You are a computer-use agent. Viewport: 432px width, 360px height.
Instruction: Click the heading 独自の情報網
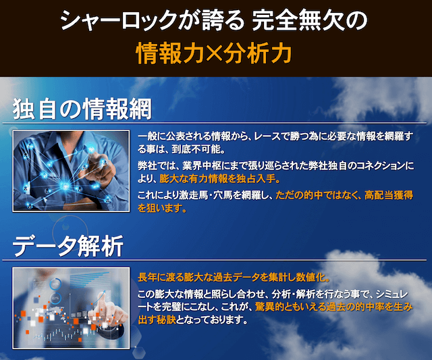point(82,109)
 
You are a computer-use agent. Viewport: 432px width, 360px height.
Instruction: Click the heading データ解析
point(67,246)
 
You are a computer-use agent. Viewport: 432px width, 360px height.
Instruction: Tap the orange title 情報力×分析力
point(214,53)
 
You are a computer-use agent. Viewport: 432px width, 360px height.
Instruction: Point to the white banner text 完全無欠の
point(310,20)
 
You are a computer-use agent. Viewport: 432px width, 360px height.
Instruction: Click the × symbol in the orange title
point(214,53)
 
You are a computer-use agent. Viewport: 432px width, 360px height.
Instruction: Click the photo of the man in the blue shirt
point(71,171)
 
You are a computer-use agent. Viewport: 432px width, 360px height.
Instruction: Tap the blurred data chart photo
point(71,308)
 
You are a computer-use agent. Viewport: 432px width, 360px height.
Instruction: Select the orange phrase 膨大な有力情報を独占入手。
point(220,179)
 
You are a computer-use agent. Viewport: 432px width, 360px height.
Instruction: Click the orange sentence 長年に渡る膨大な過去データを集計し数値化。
point(234,278)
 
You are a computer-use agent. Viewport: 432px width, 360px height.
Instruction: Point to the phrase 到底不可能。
point(198,149)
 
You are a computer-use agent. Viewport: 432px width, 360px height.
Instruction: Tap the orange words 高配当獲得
point(389,195)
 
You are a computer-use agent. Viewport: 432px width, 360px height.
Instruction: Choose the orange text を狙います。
point(162,208)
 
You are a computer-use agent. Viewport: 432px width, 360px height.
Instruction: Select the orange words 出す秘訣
point(157,319)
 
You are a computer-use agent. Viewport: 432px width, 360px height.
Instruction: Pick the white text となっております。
point(211,319)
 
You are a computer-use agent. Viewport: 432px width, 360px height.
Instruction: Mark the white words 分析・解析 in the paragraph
point(293,294)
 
